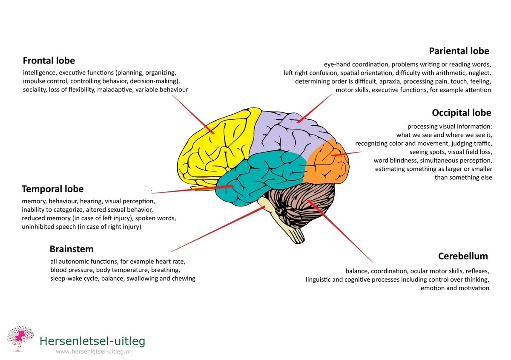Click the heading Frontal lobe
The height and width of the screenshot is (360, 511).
[49, 60]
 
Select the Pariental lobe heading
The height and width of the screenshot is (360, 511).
[459, 51]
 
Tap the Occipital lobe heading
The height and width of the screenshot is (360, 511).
[461, 113]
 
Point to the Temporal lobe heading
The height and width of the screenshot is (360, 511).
[52, 189]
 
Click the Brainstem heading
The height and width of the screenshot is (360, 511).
[72, 249]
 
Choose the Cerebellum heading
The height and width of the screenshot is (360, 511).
[463, 256]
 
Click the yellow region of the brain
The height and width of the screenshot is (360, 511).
[213, 145]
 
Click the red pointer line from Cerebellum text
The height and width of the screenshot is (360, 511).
[341, 232]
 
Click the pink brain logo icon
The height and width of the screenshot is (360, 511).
[20, 339]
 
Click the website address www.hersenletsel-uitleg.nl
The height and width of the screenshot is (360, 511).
[93, 352]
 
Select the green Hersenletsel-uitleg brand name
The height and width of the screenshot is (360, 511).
[92, 341]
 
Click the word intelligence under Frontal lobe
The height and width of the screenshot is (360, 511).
[39, 73]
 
